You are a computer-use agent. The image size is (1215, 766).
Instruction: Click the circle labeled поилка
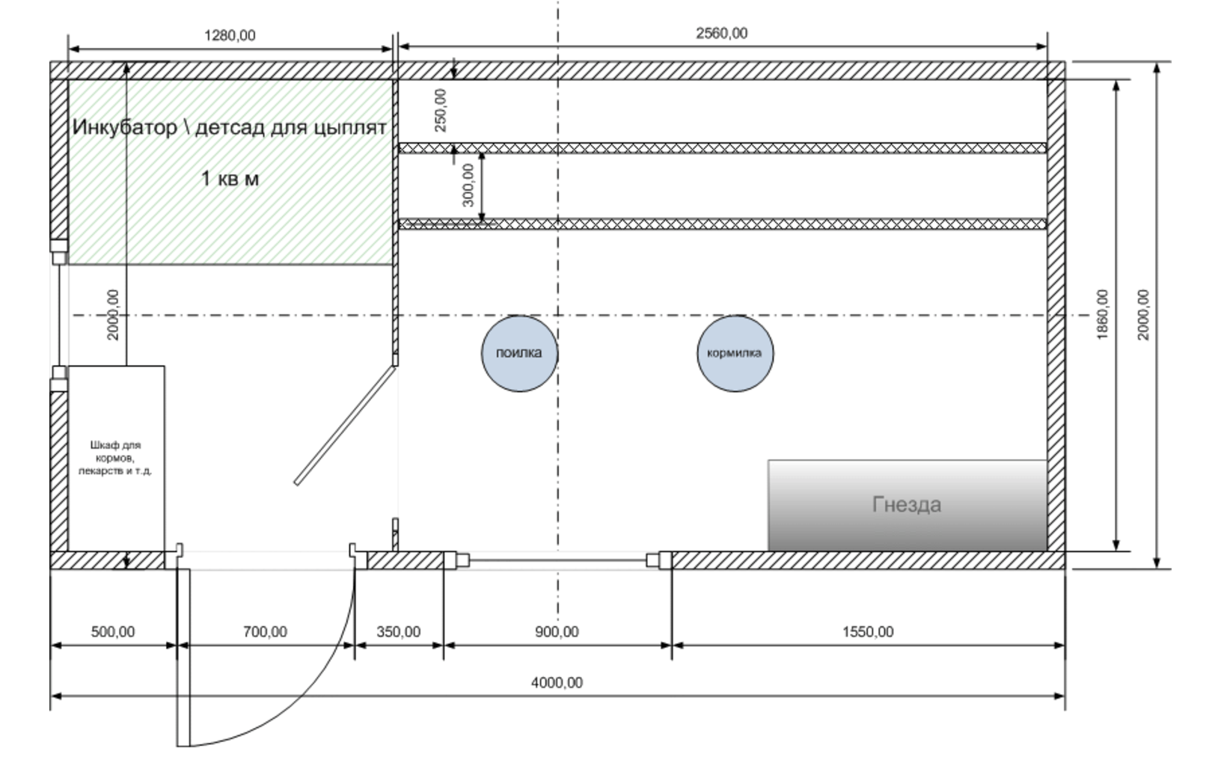point(518,353)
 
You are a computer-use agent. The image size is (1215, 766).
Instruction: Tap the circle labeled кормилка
point(735,353)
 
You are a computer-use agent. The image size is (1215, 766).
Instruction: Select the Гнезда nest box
point(906,505)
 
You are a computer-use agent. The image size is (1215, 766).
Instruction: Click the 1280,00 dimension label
point(230,35)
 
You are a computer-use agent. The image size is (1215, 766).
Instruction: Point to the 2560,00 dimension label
point(721,33)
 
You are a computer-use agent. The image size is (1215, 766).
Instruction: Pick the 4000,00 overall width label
point(557,682)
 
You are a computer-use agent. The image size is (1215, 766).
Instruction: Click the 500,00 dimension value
point(113,631)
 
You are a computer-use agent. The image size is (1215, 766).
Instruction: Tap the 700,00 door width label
point(265,631)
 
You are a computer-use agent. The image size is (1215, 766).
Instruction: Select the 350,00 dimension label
point(398,631)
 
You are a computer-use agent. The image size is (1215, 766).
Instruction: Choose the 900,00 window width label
point(557,631)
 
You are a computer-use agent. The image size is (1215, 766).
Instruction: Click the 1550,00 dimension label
point(868,631)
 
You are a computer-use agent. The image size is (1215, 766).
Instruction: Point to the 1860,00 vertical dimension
point(1103,314)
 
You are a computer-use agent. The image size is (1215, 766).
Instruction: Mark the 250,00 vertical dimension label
point(441,110)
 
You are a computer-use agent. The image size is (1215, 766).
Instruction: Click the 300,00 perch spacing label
point(468,185)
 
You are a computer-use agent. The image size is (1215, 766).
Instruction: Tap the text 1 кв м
point(230,179)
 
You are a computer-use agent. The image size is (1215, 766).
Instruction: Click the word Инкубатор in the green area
point(124,127)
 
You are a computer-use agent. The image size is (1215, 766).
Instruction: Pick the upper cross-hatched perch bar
point(722,148)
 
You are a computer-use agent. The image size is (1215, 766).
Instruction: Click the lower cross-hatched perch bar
point(722,224)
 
